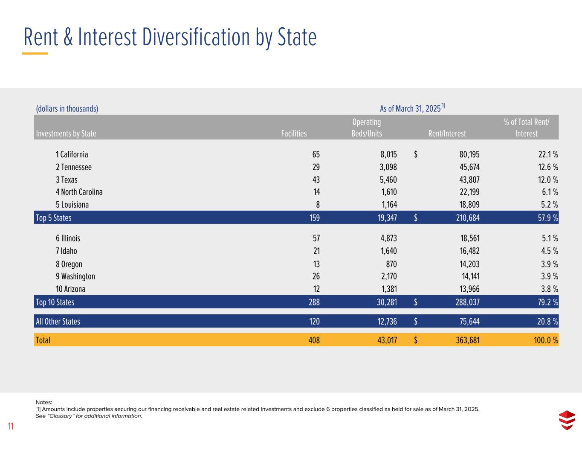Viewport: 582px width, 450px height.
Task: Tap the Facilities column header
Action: [294, 134]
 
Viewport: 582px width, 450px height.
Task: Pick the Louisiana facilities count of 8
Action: [318, 205]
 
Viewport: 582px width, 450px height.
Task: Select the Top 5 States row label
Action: [54, 218]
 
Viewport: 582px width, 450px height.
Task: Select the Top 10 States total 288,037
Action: [467, 302]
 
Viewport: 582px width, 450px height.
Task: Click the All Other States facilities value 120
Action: [314, 322]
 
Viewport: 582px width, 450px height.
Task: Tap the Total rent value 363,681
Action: [467, 340]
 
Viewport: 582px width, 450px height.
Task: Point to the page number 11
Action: [11, 426]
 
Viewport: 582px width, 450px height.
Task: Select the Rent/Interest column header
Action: [447, 134]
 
